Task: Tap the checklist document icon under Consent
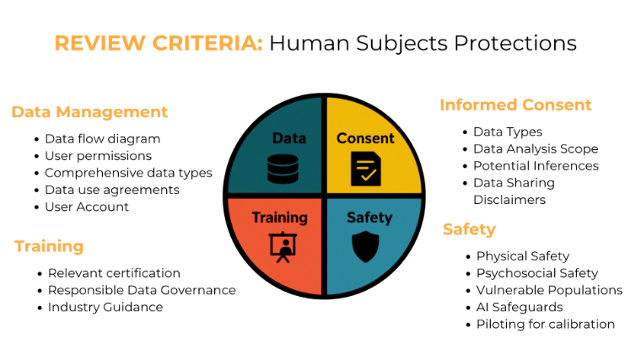pyautogui.click(x=365, y=169)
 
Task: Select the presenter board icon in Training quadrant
pyautogui.click(x=282, y=244)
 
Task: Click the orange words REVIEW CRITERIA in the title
pyautogui.click(x=159, y=43)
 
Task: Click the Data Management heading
pyautogui.click(x=89, y=112)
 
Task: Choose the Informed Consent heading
pyautogui.click(x=515, y=105)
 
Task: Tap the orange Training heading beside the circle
pyautogui.click(x=49, y=246)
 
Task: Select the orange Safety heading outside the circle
pyautogui.click(x=469, y=229)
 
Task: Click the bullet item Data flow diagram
pyautogui.click(x=102, y=139)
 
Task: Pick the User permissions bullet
pyautogui.click(x=98, y=156)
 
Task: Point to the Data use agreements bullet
pyautogui.click(x=111, y=190)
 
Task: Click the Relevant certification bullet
pyautogui.click(x=114, y=273)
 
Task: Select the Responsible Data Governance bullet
pyautogui.click(x=142, y=290)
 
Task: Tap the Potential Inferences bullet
pyautogui.click(x=536, y=166)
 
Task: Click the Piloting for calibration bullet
pyautogui.click(x=545, y=324)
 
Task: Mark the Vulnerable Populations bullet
pyautogui.click(x=549, y=290)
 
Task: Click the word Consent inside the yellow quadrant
pyautogui.click(x=365, y=138)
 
